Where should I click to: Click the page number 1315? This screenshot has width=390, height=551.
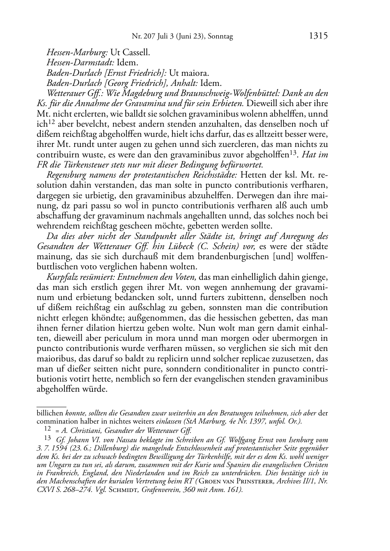[x=318, y=36]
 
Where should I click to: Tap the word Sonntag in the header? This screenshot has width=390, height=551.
[x=220, y=37]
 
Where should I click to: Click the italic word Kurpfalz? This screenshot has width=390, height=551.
[x=62, y=277]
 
